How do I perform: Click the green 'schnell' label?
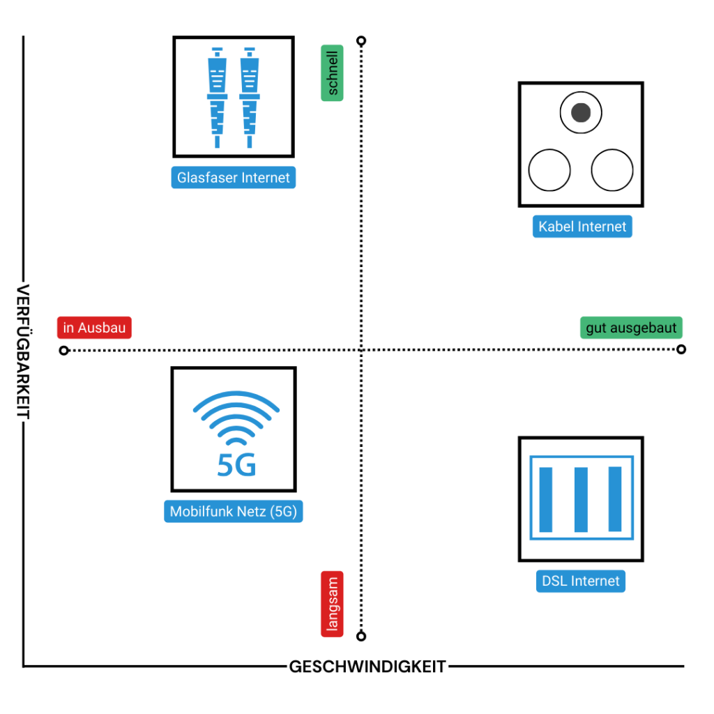tap(332, 73)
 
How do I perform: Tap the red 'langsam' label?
tap(332, 604)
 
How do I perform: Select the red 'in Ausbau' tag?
tap(94, 328)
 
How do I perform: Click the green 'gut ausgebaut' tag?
tap(631, 328)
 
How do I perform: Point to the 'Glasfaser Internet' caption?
tap(233, 178)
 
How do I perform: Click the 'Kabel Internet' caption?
tap(582, 227)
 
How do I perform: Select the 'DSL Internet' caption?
tap(580, 581)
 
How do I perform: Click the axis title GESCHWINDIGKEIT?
tap(367, 667)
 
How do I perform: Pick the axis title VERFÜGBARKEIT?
tap(23, 352)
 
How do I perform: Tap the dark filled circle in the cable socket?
tap(580, 113)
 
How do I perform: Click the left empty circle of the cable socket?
tap(549, 169)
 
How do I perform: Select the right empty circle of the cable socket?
tap(612, 169)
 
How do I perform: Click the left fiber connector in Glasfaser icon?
tap(218, 98)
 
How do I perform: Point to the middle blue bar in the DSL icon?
tap(581, 500)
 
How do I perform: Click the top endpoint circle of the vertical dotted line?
tap(360, 42)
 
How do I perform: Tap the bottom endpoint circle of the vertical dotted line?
tap(360, 636)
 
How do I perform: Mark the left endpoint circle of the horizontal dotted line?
tap(64, 350)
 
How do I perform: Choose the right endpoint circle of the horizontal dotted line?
tap(681, 349)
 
